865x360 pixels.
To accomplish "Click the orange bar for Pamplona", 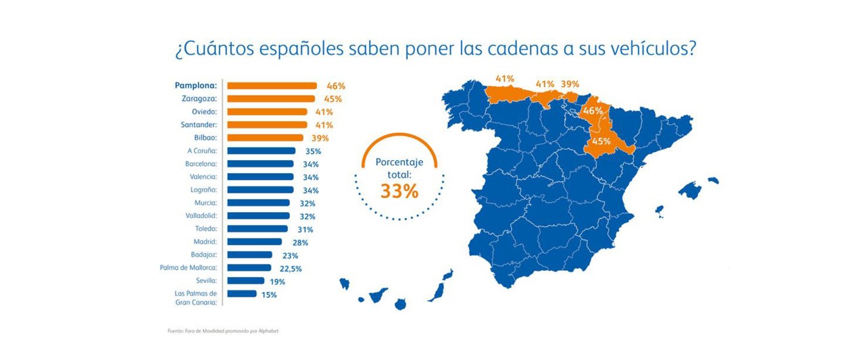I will coord(272,86).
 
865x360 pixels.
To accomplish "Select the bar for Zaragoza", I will coord(270,99).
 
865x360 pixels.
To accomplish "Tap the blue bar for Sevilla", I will coord(246,280).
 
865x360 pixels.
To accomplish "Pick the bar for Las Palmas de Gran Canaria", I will coord(242,294).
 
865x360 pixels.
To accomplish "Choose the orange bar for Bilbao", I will coord(265,138).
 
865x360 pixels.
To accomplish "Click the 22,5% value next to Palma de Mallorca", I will coord(291,268).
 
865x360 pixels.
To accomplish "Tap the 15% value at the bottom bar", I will coord(269,294).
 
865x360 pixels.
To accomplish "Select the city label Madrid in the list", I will coord(205,242).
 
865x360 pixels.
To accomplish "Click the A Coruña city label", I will coord(202,151).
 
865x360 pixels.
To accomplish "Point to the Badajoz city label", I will coord(203,255).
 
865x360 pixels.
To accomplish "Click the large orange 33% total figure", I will coord(399,191).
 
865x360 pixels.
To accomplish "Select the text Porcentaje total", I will coord(399,168).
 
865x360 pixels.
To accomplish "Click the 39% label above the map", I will coord(570,84).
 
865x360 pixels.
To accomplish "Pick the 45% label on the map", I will coord(601,141).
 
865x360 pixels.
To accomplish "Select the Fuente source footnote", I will coord(223,331).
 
